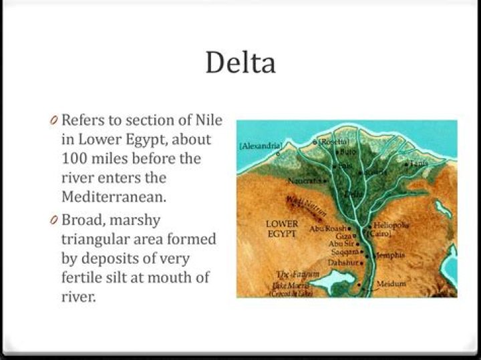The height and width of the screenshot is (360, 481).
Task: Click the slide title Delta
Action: coord(240,63)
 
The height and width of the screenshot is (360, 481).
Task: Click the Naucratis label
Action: coord(304,181)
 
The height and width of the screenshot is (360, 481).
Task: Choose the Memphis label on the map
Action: coord(386,255)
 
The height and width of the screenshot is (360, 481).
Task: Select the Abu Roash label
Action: coord(327,228)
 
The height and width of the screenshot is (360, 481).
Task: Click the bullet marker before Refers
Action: coord(54,121)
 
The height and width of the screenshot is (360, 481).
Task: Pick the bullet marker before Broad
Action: coord(54,220)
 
